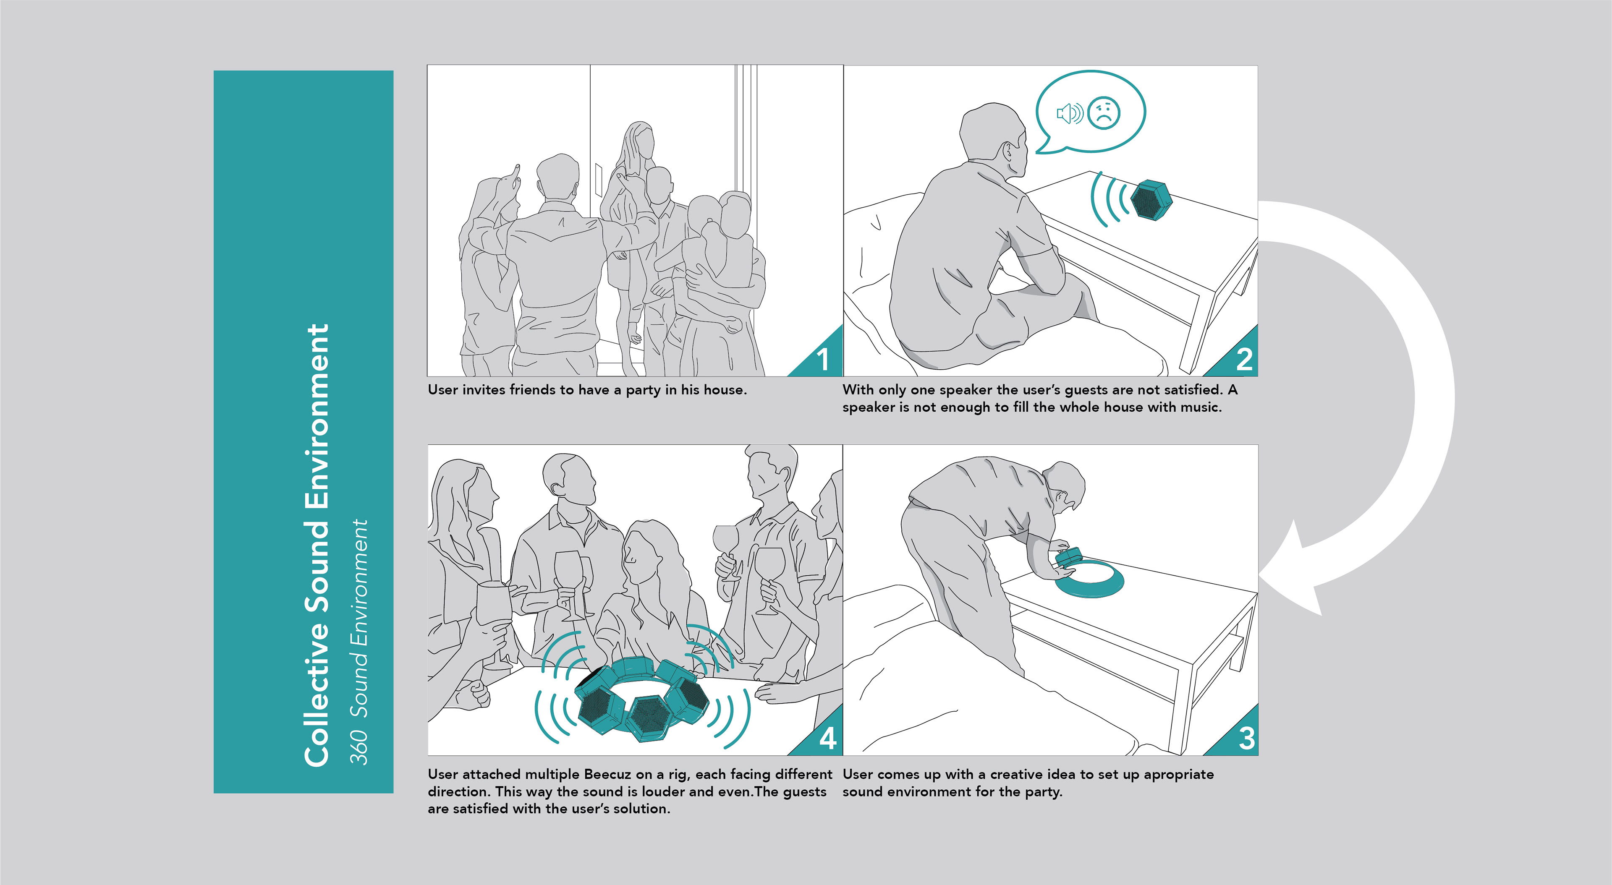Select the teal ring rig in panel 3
click(1089, 579)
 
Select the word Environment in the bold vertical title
click(317, 415)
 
